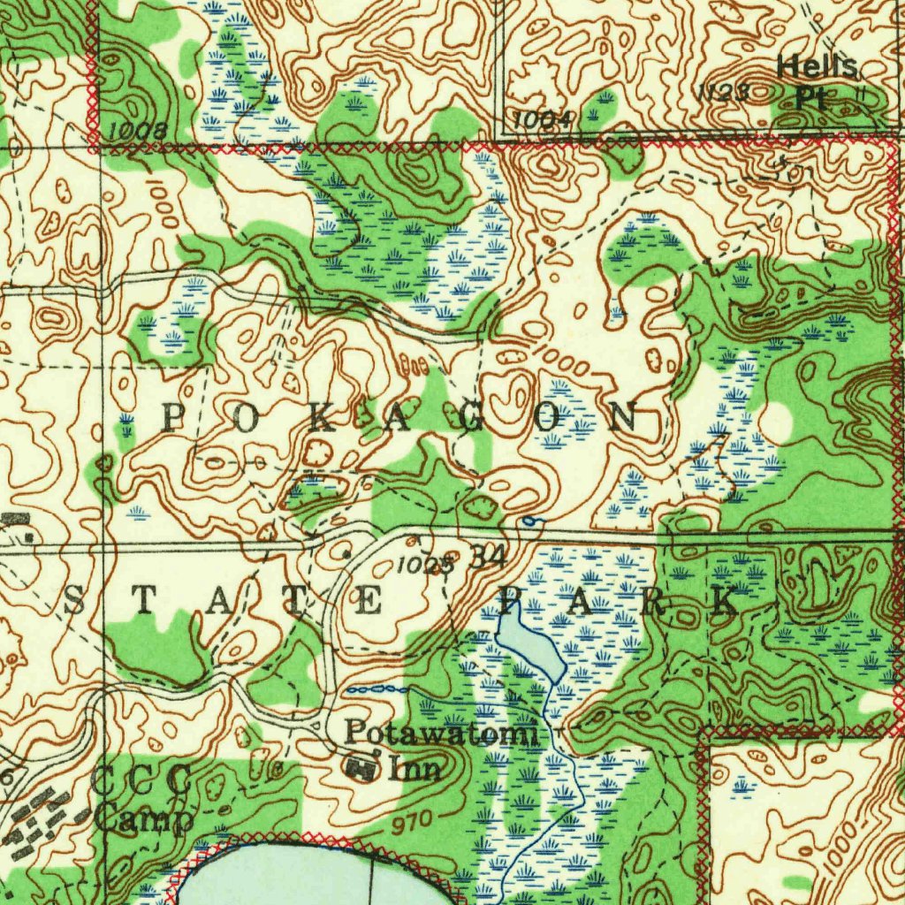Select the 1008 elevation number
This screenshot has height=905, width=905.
[x=138, y=132]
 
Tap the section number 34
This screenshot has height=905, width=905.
[x=488, y=557]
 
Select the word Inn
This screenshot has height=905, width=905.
[x=416, y=768]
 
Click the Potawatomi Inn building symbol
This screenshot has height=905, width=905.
[x=361, y=767]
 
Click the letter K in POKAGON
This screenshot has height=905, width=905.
[x=321, y=420]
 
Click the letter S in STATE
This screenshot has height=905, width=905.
[x=75, y=604]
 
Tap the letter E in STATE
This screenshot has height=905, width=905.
[x=369, y=604]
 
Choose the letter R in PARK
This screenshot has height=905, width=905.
[x=654, y=603]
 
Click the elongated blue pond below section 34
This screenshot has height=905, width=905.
[x=529, y=648]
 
